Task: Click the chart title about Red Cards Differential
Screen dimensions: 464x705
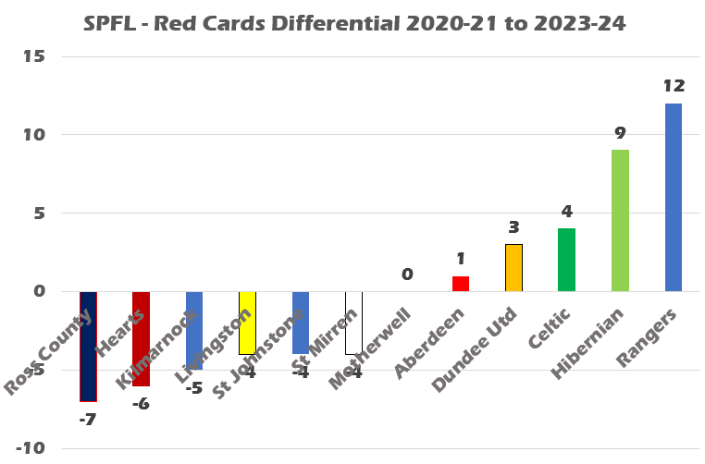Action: point(353,24)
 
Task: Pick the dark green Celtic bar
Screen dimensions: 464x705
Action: point(566,260)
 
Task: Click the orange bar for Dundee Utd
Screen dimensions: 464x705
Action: point(513,268)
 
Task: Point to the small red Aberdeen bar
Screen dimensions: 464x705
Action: point(460,284)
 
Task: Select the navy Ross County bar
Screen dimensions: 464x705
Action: point(88,346)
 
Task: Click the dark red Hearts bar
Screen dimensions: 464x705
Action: point(141,338)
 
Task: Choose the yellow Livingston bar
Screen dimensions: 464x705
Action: point(247,323)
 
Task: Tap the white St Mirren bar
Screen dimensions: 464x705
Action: point(353,323)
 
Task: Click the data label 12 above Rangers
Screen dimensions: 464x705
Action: point(674,86)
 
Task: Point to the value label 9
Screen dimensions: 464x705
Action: point(620,133)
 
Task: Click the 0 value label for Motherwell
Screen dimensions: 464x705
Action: point(406,275)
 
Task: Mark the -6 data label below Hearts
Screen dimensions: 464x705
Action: point(141,403)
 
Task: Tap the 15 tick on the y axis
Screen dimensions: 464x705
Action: point(35,56)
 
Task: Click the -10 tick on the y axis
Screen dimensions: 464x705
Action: point(31,448)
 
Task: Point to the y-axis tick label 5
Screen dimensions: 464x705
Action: point(39,214)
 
